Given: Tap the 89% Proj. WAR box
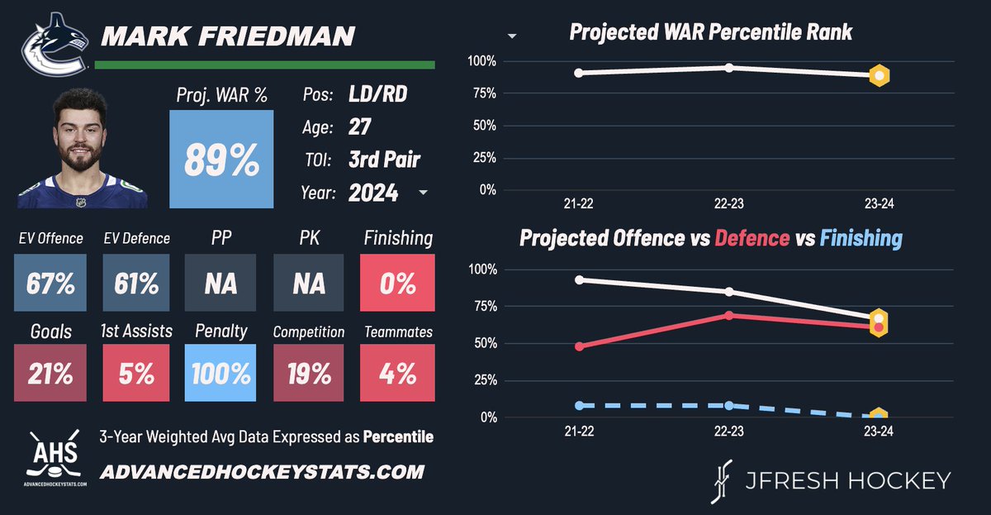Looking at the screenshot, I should tap(220, 160).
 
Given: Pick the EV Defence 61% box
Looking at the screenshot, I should tap(136, 284).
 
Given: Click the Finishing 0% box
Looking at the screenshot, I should tap(398, 284).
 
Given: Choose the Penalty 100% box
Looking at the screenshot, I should tap(221, 374).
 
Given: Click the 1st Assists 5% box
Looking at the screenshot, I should tap(136, 374).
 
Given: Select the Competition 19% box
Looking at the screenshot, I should tap(309, 374).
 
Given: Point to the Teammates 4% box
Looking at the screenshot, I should tap(398, 374).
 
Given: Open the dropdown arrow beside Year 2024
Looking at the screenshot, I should tap(424, 193).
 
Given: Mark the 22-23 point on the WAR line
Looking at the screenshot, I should tap(729, 67).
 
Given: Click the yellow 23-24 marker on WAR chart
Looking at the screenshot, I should tap(880, 76).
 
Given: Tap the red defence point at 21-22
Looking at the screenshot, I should tap(579, 346).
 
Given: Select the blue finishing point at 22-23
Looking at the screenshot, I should tap(729, 405).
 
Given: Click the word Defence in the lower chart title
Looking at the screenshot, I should tap(752, 239).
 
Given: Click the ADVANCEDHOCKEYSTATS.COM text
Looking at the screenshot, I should tap(262, 473).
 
